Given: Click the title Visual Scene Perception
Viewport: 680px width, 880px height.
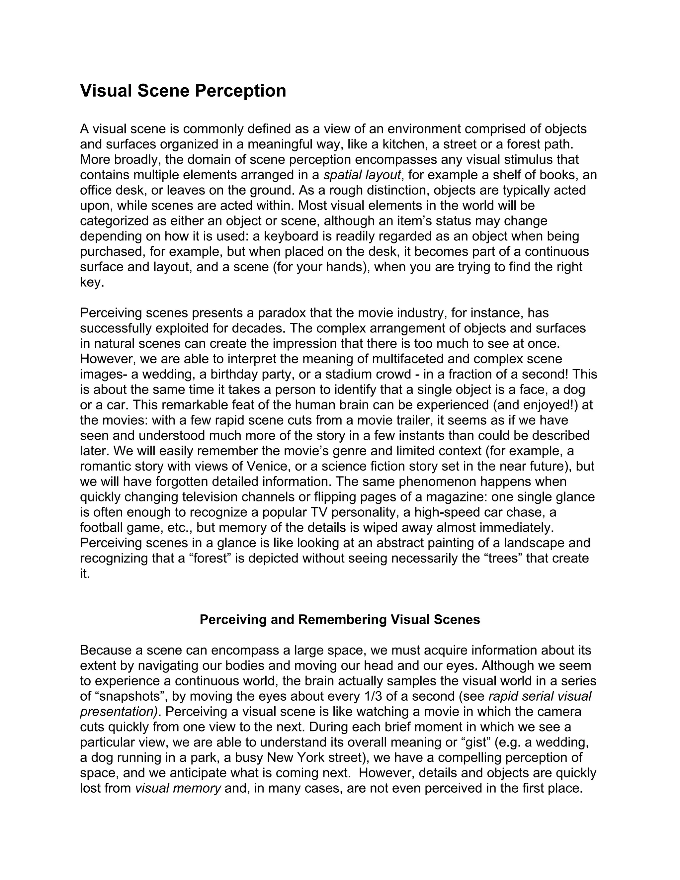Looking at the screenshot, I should pos(183,91).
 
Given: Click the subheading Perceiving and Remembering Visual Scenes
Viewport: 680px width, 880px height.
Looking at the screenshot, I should pos(340,619).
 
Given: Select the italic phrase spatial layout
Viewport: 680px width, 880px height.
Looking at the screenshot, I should pos(362,175).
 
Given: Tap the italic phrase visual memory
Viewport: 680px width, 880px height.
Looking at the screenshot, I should pos(178,788).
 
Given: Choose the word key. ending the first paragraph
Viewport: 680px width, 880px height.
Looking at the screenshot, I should pos(92,283).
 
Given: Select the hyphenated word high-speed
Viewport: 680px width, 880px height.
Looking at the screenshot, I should pos(450,512).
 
